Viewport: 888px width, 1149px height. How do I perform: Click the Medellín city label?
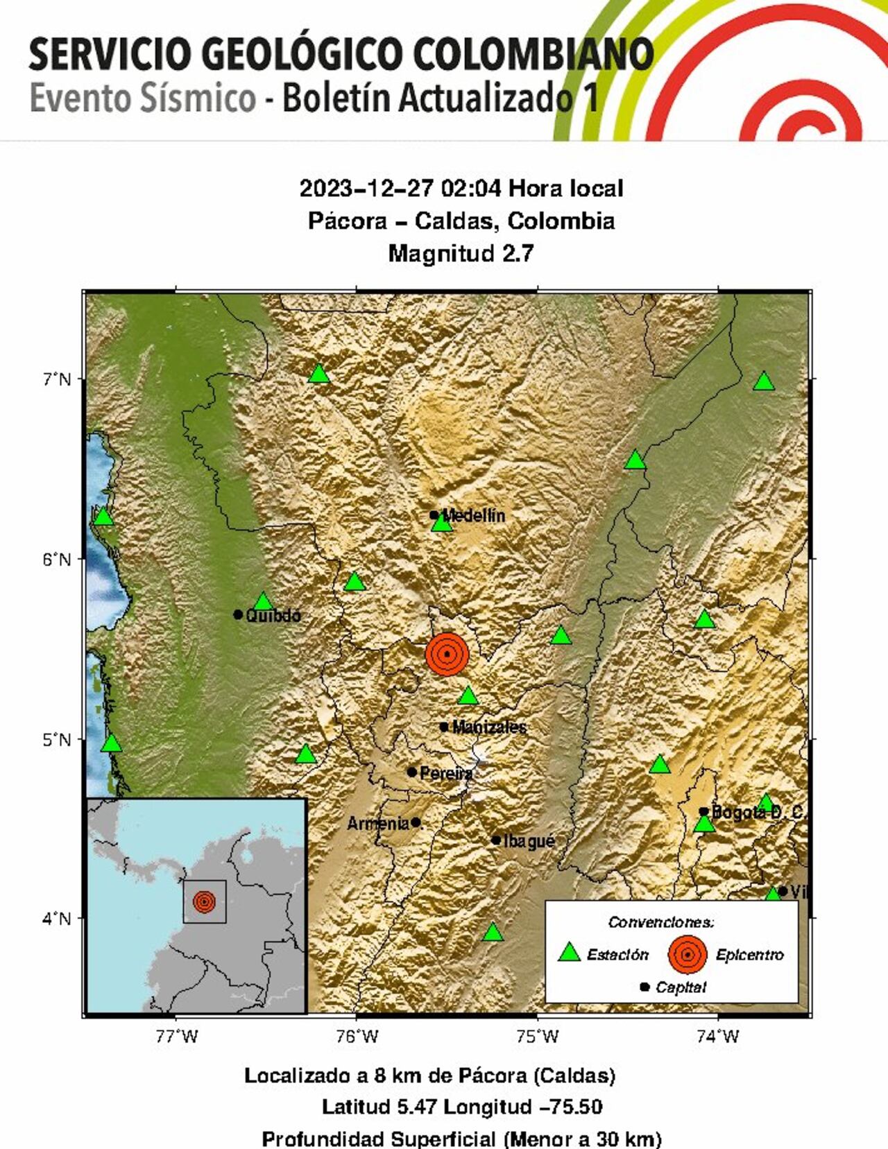(473, 515)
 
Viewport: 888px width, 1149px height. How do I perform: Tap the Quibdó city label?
(273, 615)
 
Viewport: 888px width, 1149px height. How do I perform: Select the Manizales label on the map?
(489, 727)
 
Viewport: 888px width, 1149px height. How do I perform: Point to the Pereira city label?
(446, 772)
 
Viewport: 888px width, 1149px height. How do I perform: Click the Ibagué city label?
(529, 841)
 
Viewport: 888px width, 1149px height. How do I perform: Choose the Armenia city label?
(378, 823)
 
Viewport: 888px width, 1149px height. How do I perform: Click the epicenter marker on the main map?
(447, 654)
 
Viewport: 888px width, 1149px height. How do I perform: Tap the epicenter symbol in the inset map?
(204, 902)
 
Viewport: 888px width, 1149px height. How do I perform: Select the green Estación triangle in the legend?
(570, 953)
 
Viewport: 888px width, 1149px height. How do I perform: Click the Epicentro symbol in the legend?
(687, 954)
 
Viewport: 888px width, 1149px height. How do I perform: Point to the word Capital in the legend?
(681, 987)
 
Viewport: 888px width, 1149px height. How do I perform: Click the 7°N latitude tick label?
(56, 379)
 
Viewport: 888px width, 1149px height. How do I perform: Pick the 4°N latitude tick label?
(56, 919)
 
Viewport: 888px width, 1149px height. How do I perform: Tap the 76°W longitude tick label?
(356, 1037)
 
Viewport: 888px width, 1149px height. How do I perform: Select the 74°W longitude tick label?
(717, 1037)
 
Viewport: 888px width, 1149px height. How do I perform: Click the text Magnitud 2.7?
(461, 253)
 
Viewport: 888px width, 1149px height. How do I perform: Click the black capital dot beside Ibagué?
(496, 840)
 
